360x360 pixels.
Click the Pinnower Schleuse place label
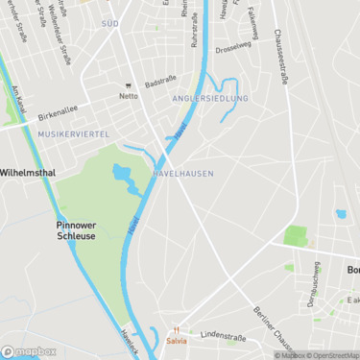(x=75, y=229)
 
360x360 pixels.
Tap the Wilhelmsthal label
(x=28, y=173)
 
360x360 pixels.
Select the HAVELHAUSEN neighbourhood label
(x=182, y=173)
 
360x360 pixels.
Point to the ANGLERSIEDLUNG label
(x=209, y=99)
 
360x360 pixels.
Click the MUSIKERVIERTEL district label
(x=74, y=133)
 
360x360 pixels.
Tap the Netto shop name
(x=129, y=96)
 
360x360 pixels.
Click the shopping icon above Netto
(x=129, y=85)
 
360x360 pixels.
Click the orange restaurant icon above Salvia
(x=176, y=329)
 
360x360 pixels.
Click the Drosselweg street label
(x=232, y=47)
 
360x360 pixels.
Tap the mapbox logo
(x=29, y=351)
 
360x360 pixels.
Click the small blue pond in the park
(x=121, y=174)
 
